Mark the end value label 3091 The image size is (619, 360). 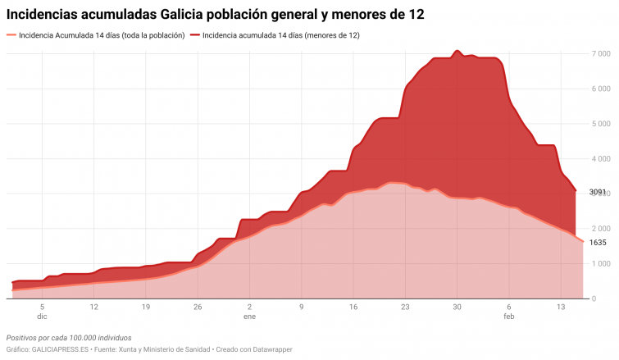pyautogui.click(x=598, y=192)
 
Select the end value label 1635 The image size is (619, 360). pyautogui.click(x=598, y=243)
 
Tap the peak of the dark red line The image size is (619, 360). pyautogui.click(x=457, y=51)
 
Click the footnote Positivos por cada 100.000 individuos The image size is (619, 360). pyautogui.click(x=68, y=338)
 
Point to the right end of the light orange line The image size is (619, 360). pyautogui.click(x=583, y=242)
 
